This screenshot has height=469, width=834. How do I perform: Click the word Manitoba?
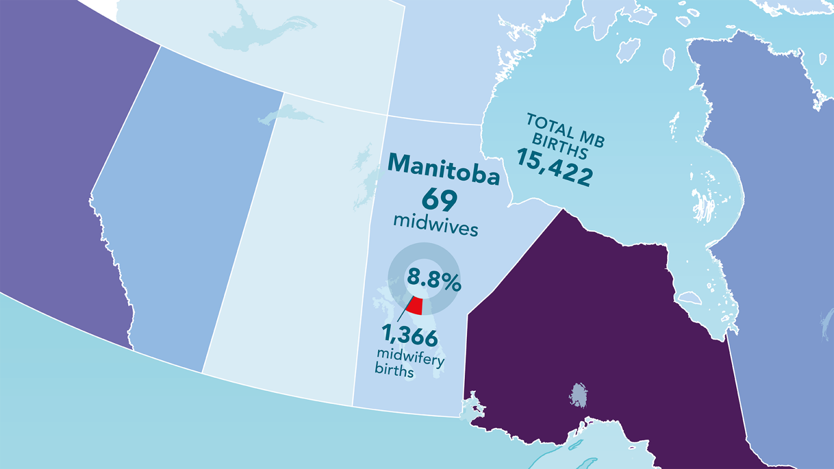tap(443, 170)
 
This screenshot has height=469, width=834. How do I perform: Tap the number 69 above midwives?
tap(439, 200)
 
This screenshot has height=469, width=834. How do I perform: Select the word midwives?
tap(435, 224)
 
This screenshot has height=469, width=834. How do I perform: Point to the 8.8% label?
tap(434, 280)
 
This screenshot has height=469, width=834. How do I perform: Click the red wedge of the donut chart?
tap(416, 306)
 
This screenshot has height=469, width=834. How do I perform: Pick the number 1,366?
tap(409, 336)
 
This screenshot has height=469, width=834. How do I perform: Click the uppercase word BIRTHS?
tap(559, 146)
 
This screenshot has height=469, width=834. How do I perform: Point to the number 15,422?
tap(554, 167)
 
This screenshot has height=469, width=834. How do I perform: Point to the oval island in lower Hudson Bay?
tap(690, 297)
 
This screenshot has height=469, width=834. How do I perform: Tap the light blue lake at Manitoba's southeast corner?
tap(470, 407)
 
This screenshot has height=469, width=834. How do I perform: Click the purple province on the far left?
tap(54, 163)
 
